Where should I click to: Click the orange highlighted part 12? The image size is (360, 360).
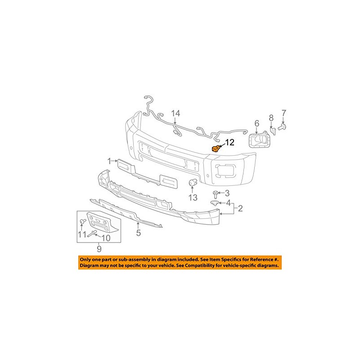[x=216, y=148]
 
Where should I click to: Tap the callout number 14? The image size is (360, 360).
[x=175, y=113]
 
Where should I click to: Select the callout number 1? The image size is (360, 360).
[x=109, y=161]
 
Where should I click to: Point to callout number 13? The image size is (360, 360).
[x=193, y=198]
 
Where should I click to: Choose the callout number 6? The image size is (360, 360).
[x=257, y=123]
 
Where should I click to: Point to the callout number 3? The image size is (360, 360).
[x=228, y=193]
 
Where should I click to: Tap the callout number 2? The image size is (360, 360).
[x=240, y=208]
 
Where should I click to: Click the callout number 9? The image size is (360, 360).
[x=99, y=248]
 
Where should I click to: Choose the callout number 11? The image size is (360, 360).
[x=81, y=234]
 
